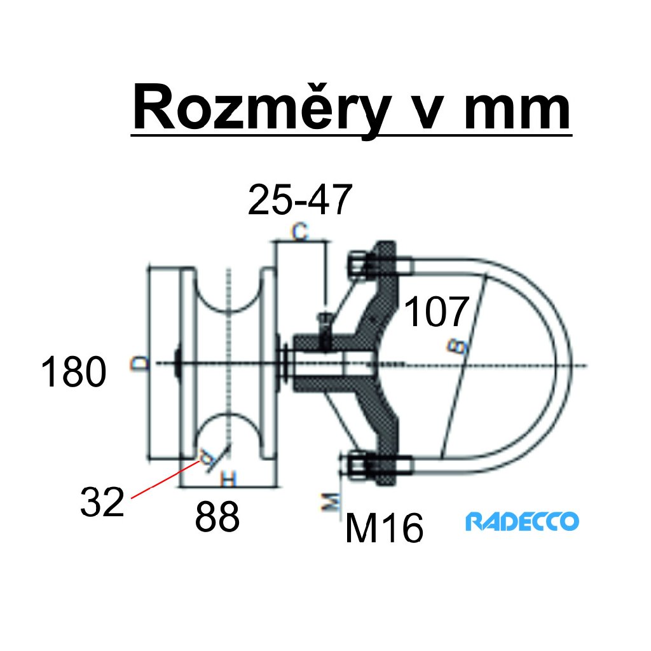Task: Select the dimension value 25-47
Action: (x=299, y=201)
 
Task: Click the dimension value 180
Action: (x=73, y=373)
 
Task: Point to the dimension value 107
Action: (x=437, y=312)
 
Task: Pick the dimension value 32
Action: (x=101, y=502)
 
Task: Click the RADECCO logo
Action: (x=522, y=522)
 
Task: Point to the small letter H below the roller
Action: (x=228, y=478)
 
